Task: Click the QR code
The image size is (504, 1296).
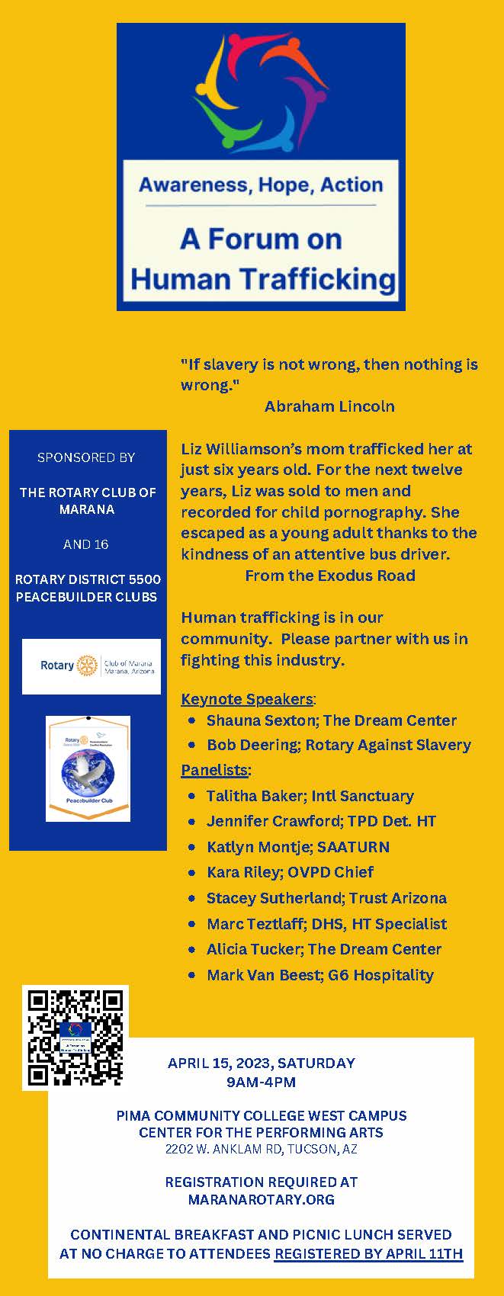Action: point(75,1038)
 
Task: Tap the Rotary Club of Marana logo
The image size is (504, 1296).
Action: point(91,666)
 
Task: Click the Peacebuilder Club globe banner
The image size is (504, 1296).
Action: point(88,768)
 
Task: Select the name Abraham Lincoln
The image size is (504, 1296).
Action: point(329,406)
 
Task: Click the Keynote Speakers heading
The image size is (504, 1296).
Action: point(247,699)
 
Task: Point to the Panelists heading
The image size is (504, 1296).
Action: point(214,770)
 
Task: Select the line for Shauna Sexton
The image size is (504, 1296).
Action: point(331,720)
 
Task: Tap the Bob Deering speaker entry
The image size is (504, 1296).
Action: point(339,745)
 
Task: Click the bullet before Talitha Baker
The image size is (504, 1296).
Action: point(191,797)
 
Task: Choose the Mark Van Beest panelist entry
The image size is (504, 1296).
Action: point(319,975)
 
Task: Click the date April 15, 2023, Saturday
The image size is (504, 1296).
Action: point(262,1063)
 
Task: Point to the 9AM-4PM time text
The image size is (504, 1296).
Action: point(262,1082)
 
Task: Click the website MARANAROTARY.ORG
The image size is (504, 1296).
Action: point(262,1200)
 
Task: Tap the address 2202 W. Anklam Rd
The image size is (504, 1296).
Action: point(262,1149)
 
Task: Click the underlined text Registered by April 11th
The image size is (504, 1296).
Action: point(368,1253)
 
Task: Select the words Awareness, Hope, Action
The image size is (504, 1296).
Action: point(261,185)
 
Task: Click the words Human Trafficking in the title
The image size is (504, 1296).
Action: point(263,279)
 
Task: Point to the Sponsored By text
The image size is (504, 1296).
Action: point(86,457)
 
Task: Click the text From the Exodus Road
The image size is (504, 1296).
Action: point(330,576)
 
